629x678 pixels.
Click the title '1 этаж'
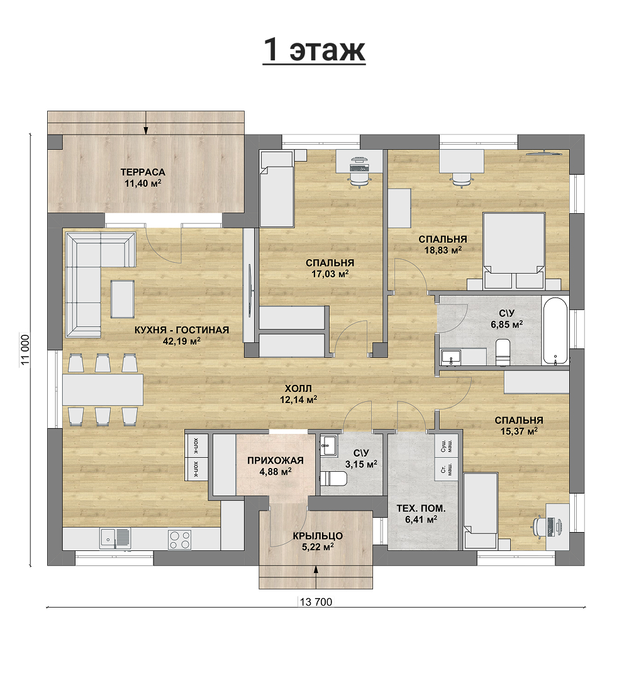click(x=314, y=50)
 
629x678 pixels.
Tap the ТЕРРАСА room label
click(x=143, y=172)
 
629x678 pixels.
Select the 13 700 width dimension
click(x=316, y=602)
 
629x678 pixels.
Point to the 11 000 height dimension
click(x=25, y=350)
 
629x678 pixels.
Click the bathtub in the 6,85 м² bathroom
click(x=555, y=330)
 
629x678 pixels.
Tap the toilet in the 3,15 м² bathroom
click(x=334, y=479)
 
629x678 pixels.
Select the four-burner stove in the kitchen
click(x=180, y=539)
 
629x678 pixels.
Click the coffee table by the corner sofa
click(x=123, y=299)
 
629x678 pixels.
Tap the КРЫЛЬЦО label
click(x=318, y=536)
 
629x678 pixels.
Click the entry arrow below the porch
click(x=316, y=577)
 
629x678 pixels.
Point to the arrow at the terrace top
click(x=146, y=123)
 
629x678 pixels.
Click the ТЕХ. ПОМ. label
click(x=421, y=508)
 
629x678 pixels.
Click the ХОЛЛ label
click(x=298, y=388)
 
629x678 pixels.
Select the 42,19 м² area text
click(x=182, y=341)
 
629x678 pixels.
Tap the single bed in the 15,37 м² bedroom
click(x=481, y=511)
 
